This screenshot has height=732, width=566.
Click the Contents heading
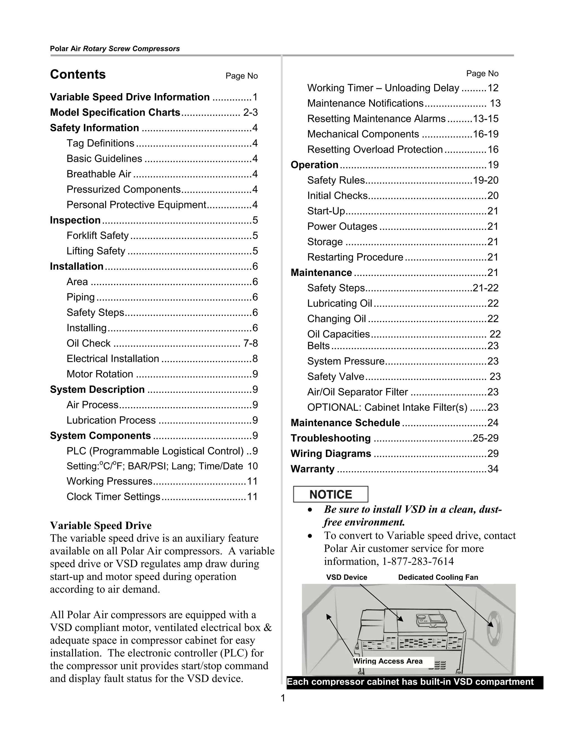pos(78,74)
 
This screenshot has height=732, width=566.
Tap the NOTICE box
pos(330,494)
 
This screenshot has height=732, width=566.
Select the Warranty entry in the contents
pos(313,469)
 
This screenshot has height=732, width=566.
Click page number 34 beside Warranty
pos(492,469)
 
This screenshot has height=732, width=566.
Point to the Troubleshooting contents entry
pos(331,438)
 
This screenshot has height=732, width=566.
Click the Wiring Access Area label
pos(388,661)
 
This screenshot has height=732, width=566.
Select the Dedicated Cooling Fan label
pos(438,577)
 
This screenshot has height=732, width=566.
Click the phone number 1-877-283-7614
pos(418,561)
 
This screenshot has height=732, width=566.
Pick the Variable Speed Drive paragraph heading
pos(101,525)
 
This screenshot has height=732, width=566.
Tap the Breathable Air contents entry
pos(99,174)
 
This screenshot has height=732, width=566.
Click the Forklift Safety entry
pos(98,236)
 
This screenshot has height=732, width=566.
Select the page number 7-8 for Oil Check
pos(250,343)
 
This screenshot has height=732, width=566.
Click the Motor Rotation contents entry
pos(99,374)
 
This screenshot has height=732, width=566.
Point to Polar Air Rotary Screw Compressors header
pos(115,49)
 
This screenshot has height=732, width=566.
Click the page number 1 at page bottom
pos(283,698)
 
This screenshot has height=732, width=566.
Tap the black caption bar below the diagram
pos(415,682)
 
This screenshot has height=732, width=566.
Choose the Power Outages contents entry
pos(342,227)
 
